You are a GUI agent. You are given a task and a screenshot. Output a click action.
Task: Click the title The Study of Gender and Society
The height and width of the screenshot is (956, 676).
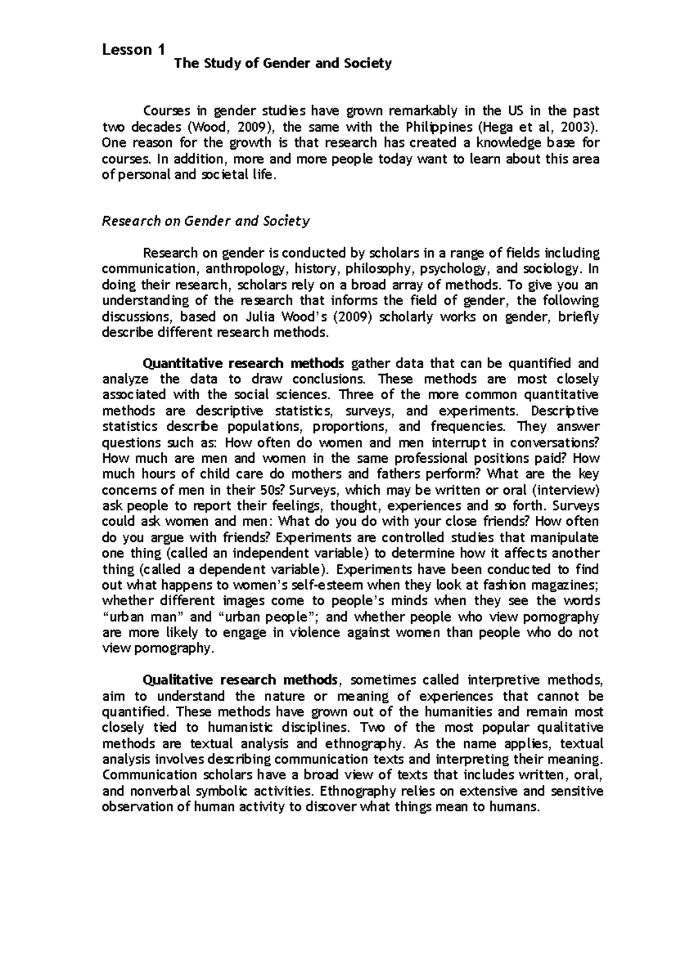pyautogui.click(x=283, y=64)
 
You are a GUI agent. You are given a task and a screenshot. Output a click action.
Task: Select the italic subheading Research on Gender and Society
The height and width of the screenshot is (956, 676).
pyautogui.click(x=206, y=221)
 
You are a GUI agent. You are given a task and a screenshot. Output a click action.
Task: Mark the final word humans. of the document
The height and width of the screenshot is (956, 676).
pyautogui.click(x=515, y=807)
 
